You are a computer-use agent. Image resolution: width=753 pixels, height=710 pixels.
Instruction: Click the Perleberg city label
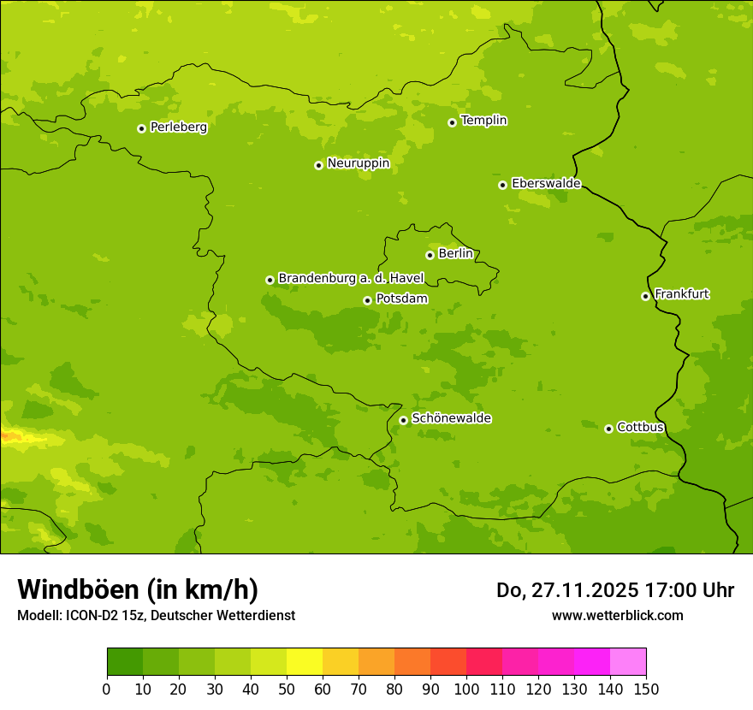coord(178,127)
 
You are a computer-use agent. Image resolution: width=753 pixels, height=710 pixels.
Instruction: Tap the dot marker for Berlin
coord(430,255)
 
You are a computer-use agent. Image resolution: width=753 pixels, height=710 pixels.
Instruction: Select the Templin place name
coord(483,121)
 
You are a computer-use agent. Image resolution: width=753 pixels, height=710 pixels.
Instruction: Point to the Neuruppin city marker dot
coord(318,165)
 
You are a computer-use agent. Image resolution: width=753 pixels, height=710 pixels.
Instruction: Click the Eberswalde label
coord(546,184)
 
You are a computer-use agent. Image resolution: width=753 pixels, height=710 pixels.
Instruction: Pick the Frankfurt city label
coord(681,294)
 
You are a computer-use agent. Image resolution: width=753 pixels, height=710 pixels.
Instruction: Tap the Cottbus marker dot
coord(608,429)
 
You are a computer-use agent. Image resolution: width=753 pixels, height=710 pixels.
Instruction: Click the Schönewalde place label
coord(451,418)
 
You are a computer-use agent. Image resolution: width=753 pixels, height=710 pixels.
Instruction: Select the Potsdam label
coord(401,299)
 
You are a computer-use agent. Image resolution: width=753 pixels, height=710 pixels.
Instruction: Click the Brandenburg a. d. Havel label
coord(351,279)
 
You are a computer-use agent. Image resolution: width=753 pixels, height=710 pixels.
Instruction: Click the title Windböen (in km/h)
coord(138,590)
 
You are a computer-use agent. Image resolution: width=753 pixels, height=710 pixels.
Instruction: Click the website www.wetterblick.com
coord(617,615)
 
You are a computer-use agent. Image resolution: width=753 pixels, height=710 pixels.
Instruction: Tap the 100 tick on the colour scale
coord(466,689)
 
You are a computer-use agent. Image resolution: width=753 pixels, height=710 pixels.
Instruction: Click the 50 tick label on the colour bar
coord(287,689)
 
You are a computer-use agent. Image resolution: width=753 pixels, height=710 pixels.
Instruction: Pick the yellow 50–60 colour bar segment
coord(305,662)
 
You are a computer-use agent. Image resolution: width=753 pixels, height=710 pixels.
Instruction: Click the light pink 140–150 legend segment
coord(628,662)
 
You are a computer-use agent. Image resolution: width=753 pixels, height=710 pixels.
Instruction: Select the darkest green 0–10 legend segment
coord(125,662)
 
